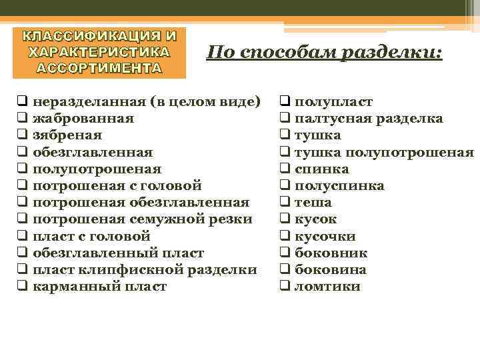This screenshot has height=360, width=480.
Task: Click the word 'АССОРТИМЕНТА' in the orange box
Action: [x=99, y=67]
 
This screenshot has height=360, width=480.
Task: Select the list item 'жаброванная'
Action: [x=83, y=119]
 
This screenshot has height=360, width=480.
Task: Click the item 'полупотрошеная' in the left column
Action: [x=97, y=169]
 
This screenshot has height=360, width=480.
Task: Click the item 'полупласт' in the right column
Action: [x=333, y=102]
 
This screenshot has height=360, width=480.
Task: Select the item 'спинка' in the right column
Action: [x=321, y=169]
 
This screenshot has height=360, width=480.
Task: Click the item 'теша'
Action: [x=313, y=203]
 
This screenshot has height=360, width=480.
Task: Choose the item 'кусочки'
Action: [x=325, y=236]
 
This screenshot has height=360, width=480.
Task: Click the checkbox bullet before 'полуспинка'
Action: [x=283, y=186]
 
